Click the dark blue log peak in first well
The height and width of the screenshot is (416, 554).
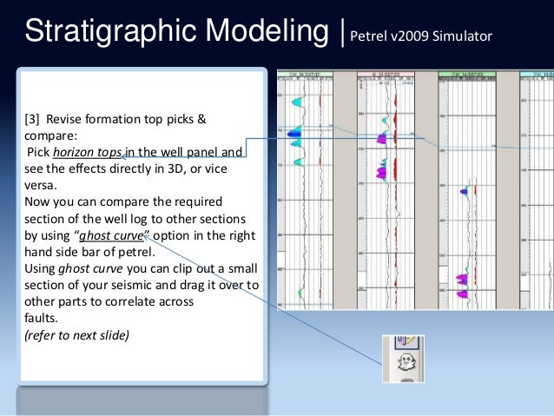click(x=295, y=133)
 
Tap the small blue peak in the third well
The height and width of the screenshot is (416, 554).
click(x=467, y=190)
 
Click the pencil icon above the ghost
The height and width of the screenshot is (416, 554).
click(x=404, y=343)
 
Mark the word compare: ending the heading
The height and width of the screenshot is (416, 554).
click(x=42, y=135)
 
